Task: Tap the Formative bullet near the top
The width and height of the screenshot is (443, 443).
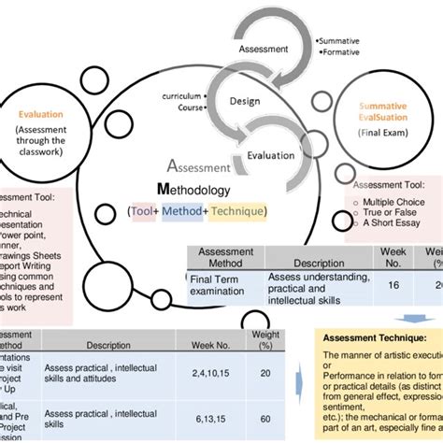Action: pos(342,53)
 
